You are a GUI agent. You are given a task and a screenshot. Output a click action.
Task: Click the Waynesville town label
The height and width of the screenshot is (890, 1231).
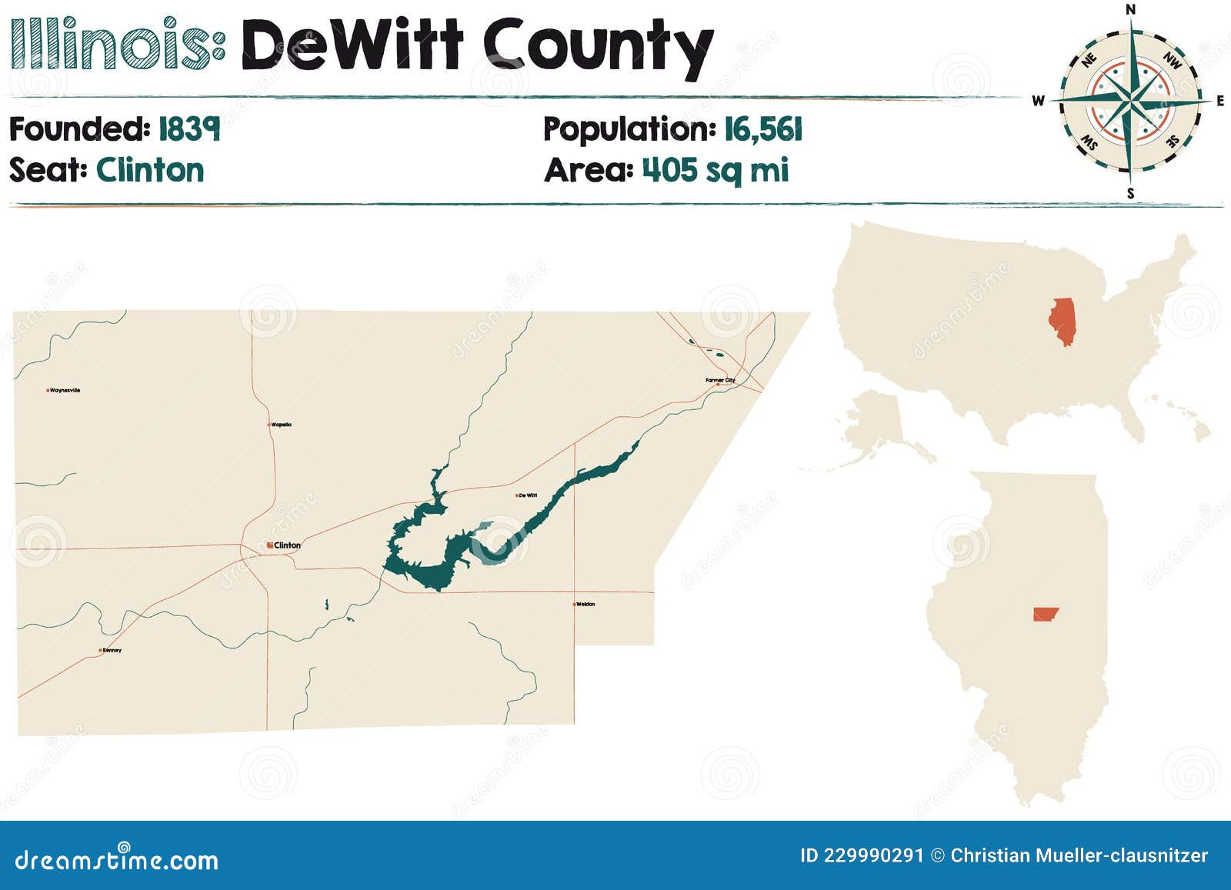[65, 391]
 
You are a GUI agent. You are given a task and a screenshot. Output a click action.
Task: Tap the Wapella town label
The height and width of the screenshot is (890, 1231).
[281, 425]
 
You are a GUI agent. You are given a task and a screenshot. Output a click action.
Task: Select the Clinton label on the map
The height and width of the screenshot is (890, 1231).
[287, 545]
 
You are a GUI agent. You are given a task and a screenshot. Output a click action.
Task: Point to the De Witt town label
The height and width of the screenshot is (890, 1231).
[528, 495]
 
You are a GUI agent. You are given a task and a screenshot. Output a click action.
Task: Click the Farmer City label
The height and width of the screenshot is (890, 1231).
[720, 380]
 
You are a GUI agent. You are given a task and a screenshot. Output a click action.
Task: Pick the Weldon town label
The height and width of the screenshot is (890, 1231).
[585, 605]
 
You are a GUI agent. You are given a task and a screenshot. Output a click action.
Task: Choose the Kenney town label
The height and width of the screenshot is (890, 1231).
[112, 651]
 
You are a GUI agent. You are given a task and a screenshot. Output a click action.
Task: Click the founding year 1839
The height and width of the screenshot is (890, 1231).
[189, 129]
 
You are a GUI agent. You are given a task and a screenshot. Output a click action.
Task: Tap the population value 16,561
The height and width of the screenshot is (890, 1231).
[763, 129]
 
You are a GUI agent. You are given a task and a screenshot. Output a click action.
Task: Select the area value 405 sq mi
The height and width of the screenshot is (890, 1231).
[716, 170]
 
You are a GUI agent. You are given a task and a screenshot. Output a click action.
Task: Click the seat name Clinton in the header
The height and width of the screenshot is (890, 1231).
[150, 170]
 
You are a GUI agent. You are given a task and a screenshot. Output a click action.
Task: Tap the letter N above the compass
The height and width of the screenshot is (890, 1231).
[1130, 9]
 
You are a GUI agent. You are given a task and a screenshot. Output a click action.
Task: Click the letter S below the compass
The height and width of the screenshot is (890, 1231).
[1130, 194]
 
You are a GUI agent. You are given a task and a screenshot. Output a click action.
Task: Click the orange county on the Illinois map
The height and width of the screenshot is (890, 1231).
[1045, 614]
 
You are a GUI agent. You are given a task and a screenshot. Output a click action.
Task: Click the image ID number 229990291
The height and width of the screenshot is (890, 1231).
[873, 855]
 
